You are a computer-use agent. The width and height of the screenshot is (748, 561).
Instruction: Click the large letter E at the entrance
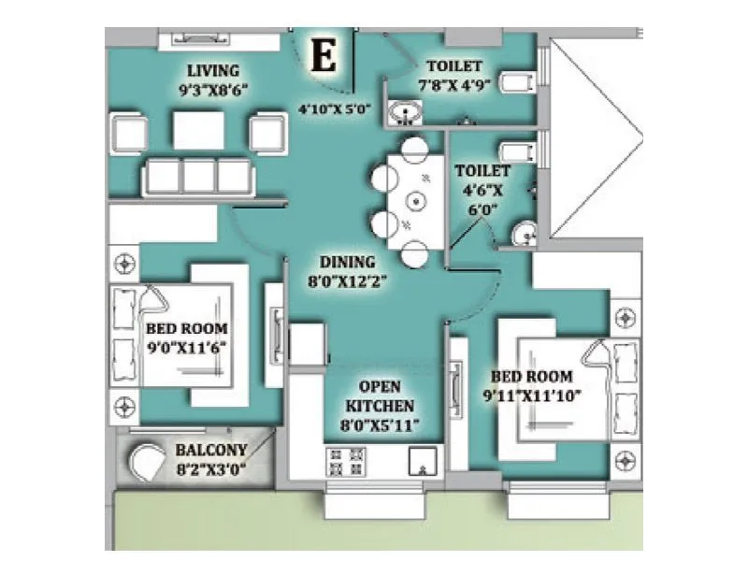coord(324,57)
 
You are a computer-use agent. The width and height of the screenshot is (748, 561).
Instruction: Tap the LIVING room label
coord(213,71)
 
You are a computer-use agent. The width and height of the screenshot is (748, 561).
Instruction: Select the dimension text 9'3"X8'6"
coord(213,90)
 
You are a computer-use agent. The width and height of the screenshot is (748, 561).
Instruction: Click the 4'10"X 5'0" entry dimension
coord(335,108)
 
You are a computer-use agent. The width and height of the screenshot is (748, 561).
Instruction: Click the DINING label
coord(347,262)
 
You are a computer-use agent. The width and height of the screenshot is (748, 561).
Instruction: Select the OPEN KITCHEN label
coord(381,396)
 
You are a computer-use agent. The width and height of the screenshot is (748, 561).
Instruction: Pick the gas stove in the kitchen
coord(344,460)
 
